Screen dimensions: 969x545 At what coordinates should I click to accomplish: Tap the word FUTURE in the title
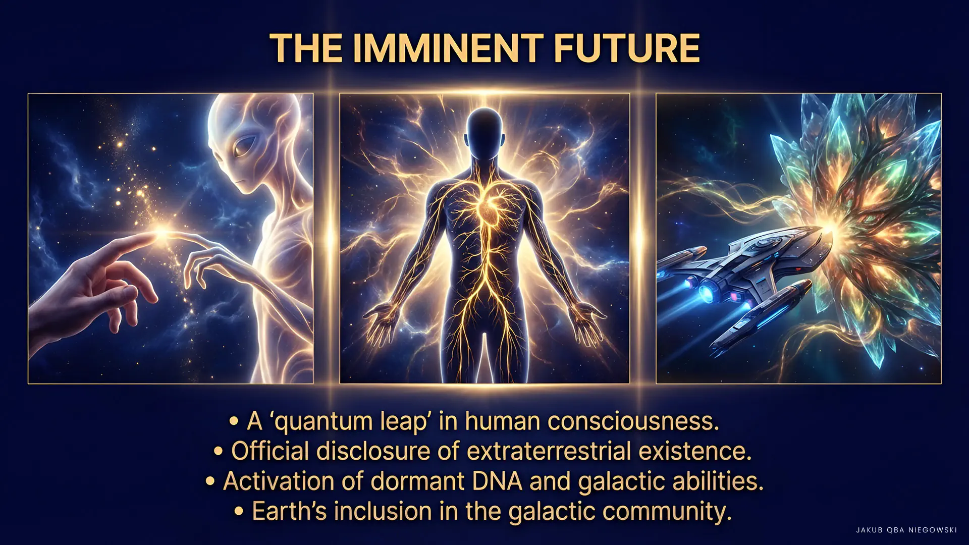point(627,48)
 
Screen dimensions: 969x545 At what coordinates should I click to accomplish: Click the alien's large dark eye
point(243,146)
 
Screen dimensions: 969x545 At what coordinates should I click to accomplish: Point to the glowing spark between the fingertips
point(161,233)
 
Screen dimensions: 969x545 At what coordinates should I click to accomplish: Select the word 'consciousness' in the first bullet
point(633,421)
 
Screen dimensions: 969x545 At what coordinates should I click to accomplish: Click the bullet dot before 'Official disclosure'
point(218,451)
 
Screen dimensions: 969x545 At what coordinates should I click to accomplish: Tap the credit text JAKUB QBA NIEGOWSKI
point(906,530)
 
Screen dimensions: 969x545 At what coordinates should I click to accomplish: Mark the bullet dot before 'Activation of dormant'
point(210,481)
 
